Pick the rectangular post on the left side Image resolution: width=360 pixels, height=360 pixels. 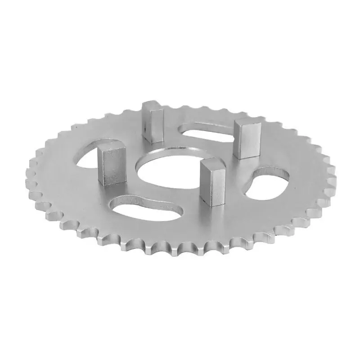[110, 166]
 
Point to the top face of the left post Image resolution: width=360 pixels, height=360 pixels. [110, 149]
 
